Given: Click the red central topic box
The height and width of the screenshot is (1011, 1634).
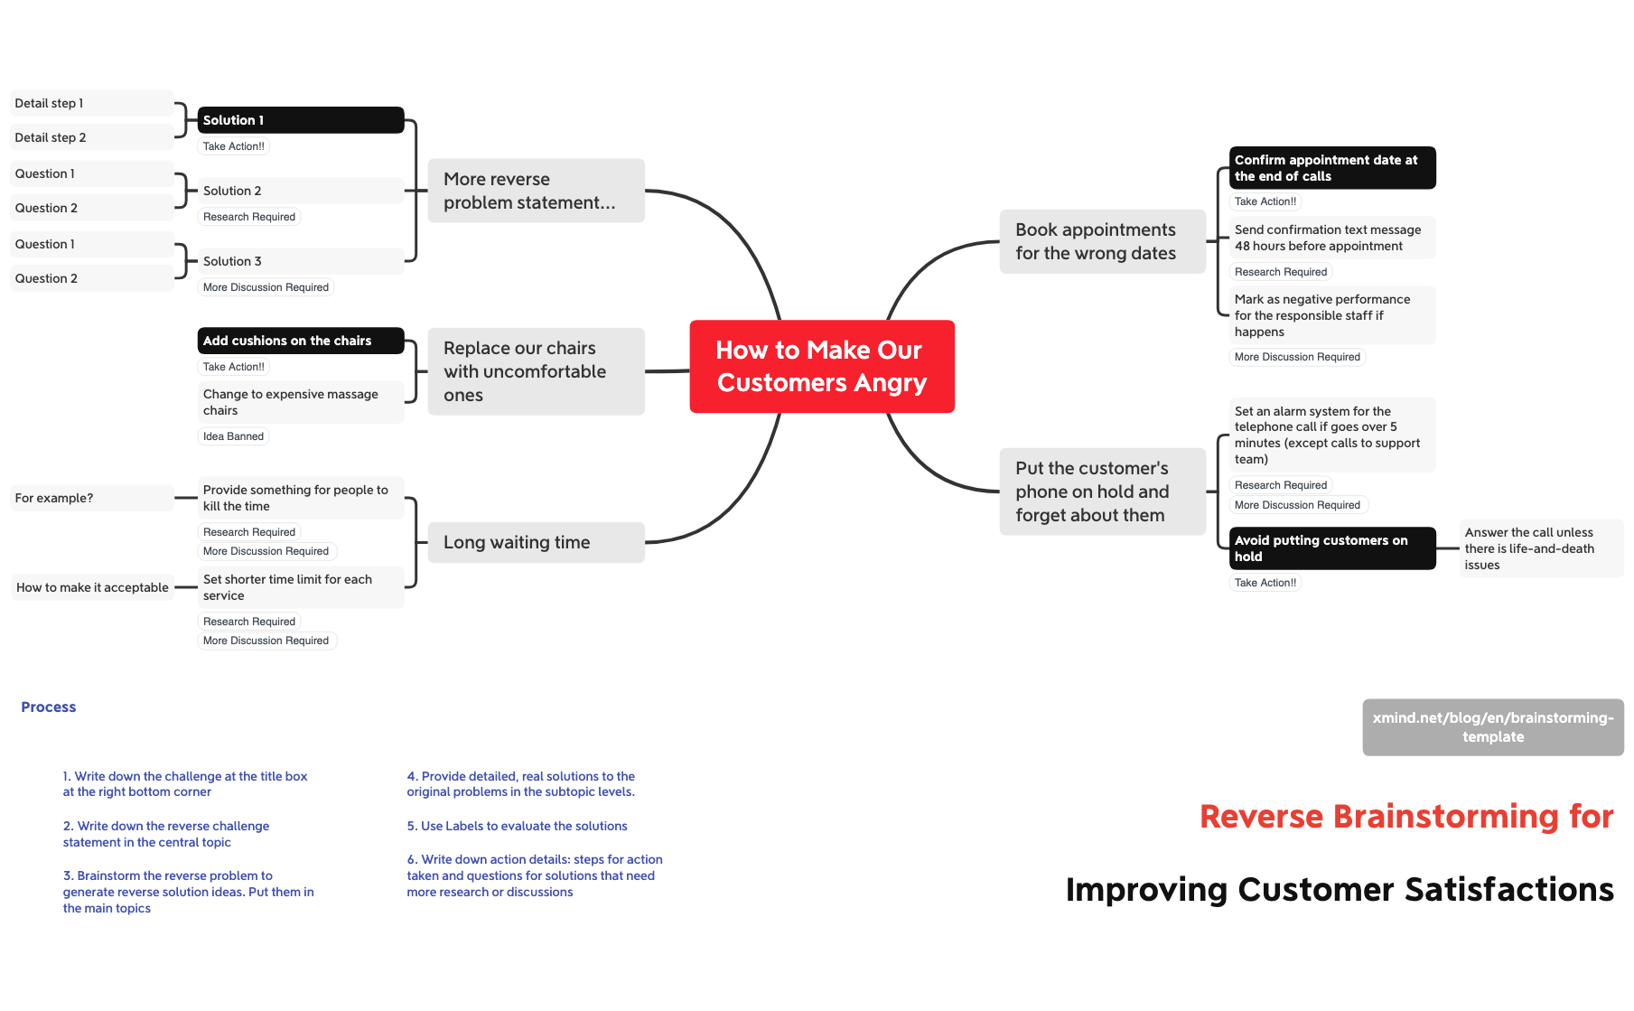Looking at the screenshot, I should [821, 366].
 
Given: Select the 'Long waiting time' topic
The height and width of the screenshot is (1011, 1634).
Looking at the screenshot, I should [536, 542].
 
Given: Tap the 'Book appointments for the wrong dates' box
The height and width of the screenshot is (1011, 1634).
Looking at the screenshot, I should [1102, 241].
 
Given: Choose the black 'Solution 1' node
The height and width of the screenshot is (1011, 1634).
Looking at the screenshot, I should [300, 120].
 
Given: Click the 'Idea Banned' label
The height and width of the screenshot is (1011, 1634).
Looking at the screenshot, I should [233, 436].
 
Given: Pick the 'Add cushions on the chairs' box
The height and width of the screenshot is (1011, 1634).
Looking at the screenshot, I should [300, 341].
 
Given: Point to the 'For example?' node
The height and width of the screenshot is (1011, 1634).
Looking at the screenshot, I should [91, 498].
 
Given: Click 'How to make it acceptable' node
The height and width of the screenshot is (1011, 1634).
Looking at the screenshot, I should [92, 587].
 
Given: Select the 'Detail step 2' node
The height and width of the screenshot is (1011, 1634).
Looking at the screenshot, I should [91, 137].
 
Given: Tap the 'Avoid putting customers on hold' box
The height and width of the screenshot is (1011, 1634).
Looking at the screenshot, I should [1331, 548].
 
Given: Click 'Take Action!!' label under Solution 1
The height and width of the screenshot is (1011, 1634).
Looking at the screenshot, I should [233, 146].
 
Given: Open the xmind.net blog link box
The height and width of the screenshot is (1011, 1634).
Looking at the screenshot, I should [1492, 727].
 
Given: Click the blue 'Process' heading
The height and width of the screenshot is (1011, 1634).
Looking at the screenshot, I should [49, 707].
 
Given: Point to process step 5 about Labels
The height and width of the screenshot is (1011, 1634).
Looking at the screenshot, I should [517, 826].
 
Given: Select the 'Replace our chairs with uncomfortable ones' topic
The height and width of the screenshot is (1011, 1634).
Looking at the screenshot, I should [536, 371].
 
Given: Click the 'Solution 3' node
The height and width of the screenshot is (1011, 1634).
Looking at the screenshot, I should [300, 261].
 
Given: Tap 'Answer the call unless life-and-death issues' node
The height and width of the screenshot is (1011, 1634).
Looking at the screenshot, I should [1540, 548].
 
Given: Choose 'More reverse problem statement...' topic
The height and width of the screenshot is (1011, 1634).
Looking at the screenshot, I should [536, 191].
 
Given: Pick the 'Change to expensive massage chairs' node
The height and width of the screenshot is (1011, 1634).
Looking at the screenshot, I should [300, 402].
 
